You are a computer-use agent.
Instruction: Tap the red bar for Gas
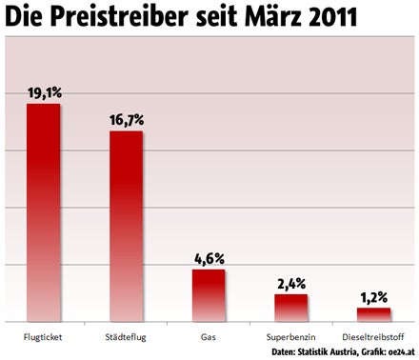[209, 295]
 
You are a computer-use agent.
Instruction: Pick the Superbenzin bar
[291, 308]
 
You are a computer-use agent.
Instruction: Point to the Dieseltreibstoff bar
[373, 314]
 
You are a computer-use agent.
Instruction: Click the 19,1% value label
[44, 93]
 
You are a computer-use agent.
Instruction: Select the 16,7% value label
[126, 120]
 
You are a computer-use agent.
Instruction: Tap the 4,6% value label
[209, 259]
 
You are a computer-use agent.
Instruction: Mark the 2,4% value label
[291, 284]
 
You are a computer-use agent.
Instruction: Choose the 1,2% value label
[373, 297]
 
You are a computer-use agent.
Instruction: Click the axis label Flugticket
[44, 336]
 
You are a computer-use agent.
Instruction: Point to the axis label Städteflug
[126, 336]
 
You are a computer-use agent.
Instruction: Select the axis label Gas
[209, 336]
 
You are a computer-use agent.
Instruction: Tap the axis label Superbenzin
[291, 336]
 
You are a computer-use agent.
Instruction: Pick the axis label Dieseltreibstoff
[373, 336]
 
